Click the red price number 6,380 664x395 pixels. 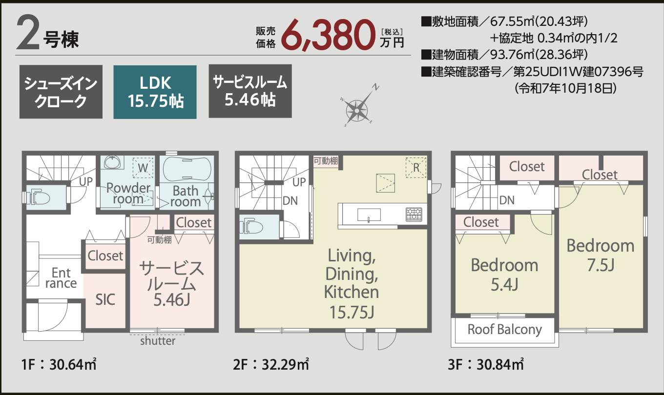(327, 36)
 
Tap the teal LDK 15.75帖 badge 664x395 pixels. (155, 92)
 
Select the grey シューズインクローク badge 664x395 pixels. (61, 92)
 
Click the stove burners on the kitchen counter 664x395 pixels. (414, 215)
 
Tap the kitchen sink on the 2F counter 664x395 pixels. (369, 215)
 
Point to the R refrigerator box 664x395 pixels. (416, 168)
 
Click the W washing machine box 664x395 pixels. (143, 168)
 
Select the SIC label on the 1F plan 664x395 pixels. (105, 299)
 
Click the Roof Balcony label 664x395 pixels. (504, 330)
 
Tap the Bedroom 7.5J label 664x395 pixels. (601, 255)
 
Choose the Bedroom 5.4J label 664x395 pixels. (504, 275)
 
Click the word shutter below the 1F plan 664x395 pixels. (158, 341)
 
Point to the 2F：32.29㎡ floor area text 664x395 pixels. (271, 364)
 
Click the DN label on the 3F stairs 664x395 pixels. (507, 200)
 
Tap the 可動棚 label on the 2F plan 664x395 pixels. (326, 161)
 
